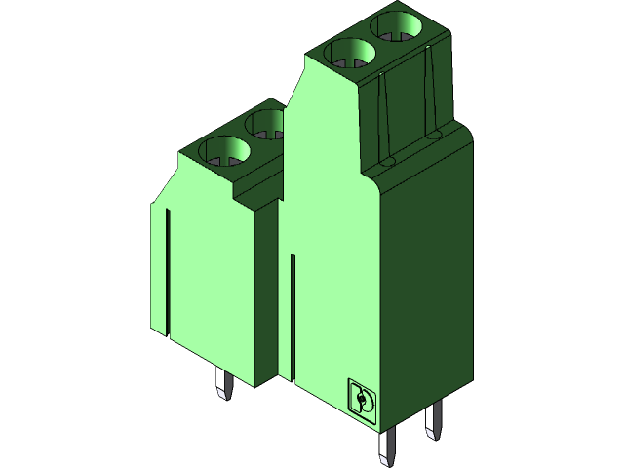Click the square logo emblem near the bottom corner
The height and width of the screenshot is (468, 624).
coord(362,400)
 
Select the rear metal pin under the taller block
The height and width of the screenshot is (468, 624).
coord(433,421)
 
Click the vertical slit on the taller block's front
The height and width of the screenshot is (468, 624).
coord(292,312)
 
